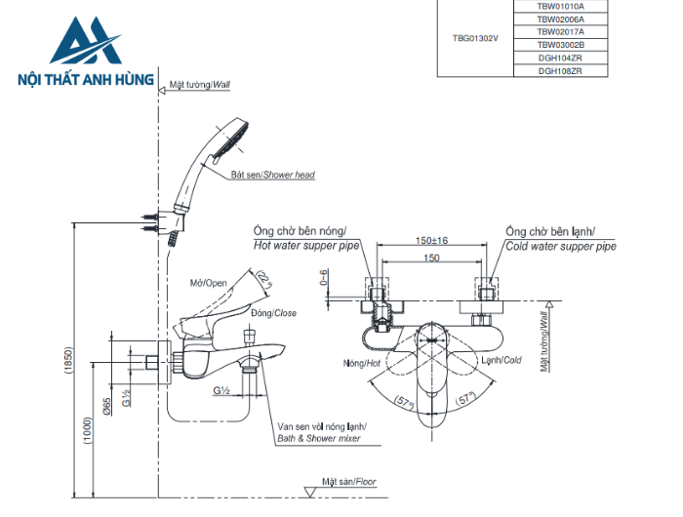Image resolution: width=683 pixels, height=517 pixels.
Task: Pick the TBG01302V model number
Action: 475,38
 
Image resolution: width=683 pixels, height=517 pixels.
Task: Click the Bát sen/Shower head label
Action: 272,176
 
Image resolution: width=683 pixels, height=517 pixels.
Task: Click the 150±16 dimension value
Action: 430,241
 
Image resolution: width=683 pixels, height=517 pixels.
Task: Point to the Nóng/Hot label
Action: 361,362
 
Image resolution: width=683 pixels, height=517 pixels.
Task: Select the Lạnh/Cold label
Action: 501,360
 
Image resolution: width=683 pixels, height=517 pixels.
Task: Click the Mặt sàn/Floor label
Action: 348,482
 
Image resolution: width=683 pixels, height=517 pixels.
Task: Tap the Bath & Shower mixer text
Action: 319,439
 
